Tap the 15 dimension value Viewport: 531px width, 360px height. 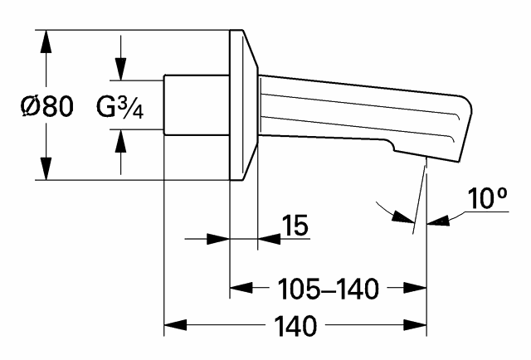(x=295, y=225)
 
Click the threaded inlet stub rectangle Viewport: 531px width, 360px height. (x=196, y=105)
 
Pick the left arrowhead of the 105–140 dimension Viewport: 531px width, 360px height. (x=239, y=289)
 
